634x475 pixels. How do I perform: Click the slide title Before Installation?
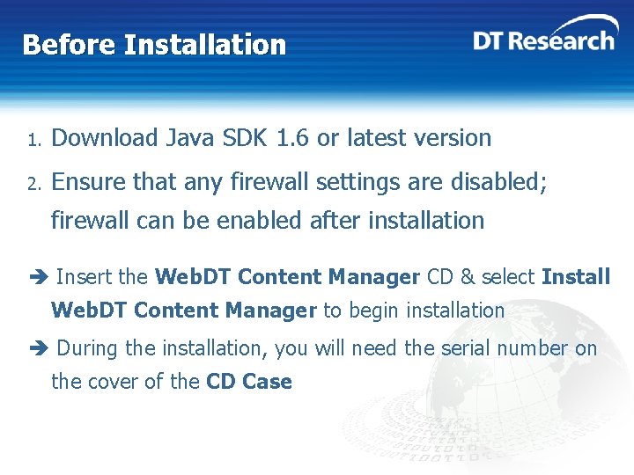point(154,44)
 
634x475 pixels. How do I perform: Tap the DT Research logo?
point(543,37)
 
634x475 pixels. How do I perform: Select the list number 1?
point(31,140)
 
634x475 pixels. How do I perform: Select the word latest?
point(380,138)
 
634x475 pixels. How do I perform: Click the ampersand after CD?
point(467,277)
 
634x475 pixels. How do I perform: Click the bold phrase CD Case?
point(248,382)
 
